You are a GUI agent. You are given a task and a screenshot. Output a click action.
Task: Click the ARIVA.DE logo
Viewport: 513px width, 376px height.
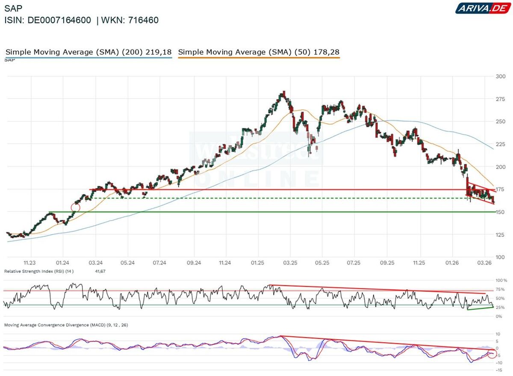[x=482, y=8]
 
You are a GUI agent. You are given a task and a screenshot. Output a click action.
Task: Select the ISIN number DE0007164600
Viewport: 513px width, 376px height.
[x=59, y=20]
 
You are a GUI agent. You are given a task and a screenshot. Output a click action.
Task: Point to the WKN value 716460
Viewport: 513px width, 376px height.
[x=144, y=20]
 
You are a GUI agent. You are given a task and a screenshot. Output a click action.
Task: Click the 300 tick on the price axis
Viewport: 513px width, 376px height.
[x=499, y=76]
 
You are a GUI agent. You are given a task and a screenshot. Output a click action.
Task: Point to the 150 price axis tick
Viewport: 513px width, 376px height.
[x=499, y=212]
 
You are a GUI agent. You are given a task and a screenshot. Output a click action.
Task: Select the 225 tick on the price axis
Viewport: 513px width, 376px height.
[x=499, y=144]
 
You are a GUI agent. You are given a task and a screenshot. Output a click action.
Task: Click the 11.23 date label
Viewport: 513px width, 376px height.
[x=29, y=263]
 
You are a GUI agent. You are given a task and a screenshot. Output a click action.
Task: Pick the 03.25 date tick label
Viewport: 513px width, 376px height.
[x=290, y=263]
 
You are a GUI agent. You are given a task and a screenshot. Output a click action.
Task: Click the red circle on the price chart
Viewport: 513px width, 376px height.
[x=76, y=207]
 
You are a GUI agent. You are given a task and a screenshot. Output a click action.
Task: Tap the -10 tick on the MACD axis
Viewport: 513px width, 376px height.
[x=497, y=363]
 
